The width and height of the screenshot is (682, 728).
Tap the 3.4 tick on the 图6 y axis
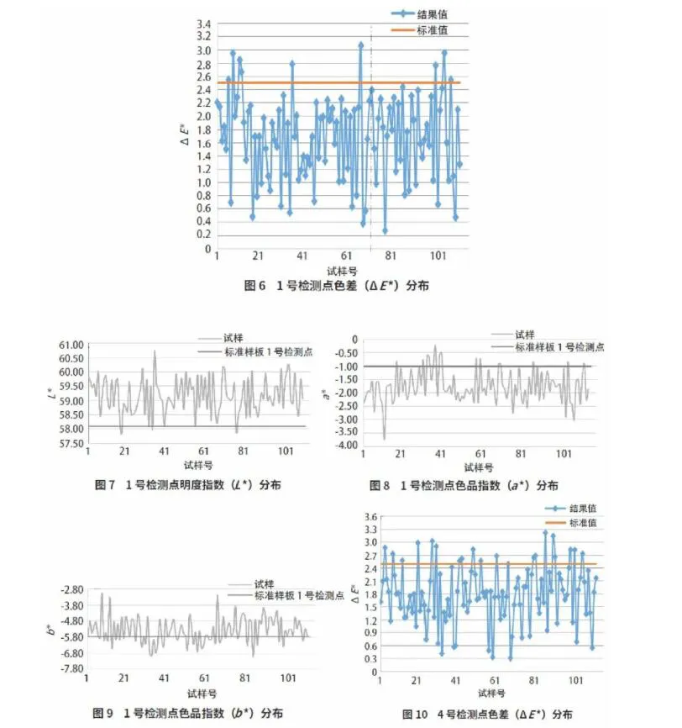(205, 24)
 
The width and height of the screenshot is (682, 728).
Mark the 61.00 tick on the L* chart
(71, 345)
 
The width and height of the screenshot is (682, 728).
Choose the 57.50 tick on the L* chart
(71, 443)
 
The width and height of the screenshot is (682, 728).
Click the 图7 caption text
(189, 485)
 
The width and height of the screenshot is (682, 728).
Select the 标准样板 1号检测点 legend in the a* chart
(559, 347)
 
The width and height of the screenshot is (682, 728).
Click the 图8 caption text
(464, 485)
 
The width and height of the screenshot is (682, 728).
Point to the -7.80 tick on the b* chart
(71, 668)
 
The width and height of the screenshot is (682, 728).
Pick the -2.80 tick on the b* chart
(71, 590)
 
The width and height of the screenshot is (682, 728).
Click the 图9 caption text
(188, 713)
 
